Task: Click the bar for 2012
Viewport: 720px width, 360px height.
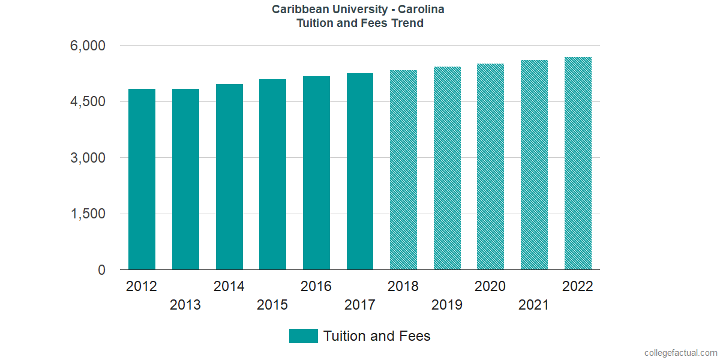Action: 142,179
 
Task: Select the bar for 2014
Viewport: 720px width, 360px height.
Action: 229,177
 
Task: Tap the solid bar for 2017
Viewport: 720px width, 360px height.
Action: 360,172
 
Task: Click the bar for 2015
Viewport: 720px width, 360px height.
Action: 272,175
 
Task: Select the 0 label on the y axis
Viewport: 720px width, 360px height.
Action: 102,271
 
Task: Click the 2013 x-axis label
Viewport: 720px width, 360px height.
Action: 185,305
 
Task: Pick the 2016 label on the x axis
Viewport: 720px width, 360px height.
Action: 316,286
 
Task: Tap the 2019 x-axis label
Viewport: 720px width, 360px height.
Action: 447,305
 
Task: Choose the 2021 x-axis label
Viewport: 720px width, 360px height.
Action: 534,305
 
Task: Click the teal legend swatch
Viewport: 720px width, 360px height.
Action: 303,336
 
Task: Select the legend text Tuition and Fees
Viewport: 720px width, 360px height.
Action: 377,336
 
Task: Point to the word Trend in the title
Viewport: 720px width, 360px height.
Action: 409,23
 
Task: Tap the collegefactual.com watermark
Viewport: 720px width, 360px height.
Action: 680,353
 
